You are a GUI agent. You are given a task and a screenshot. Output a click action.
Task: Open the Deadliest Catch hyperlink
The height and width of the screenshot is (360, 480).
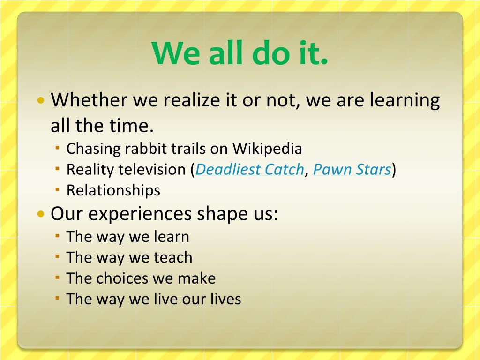[x=249, y=170]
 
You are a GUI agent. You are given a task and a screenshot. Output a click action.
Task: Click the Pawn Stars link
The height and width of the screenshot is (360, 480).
[x=352, y=170]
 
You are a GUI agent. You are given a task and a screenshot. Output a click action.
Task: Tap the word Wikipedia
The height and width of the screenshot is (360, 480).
[x=267, y=149]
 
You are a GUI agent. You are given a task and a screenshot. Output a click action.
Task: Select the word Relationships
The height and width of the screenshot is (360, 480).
[x=113, y=190]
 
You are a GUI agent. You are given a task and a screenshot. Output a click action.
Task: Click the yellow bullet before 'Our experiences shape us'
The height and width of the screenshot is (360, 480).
[x=41, y=214]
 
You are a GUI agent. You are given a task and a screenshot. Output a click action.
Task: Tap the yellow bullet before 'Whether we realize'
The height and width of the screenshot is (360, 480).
[x=41, y=100]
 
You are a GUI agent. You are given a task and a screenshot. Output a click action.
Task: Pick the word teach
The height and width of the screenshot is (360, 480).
[x=173, y=257]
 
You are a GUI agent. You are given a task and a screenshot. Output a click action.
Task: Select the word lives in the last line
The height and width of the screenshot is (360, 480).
[x=226, y=299]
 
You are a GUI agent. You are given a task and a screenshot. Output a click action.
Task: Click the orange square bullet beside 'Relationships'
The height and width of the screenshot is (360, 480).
[x=58, y=189]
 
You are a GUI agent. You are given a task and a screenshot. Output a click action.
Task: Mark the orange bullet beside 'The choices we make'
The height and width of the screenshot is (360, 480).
[x=58, y=277]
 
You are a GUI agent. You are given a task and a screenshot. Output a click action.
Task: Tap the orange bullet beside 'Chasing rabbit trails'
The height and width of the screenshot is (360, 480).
[x=58, y=148]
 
